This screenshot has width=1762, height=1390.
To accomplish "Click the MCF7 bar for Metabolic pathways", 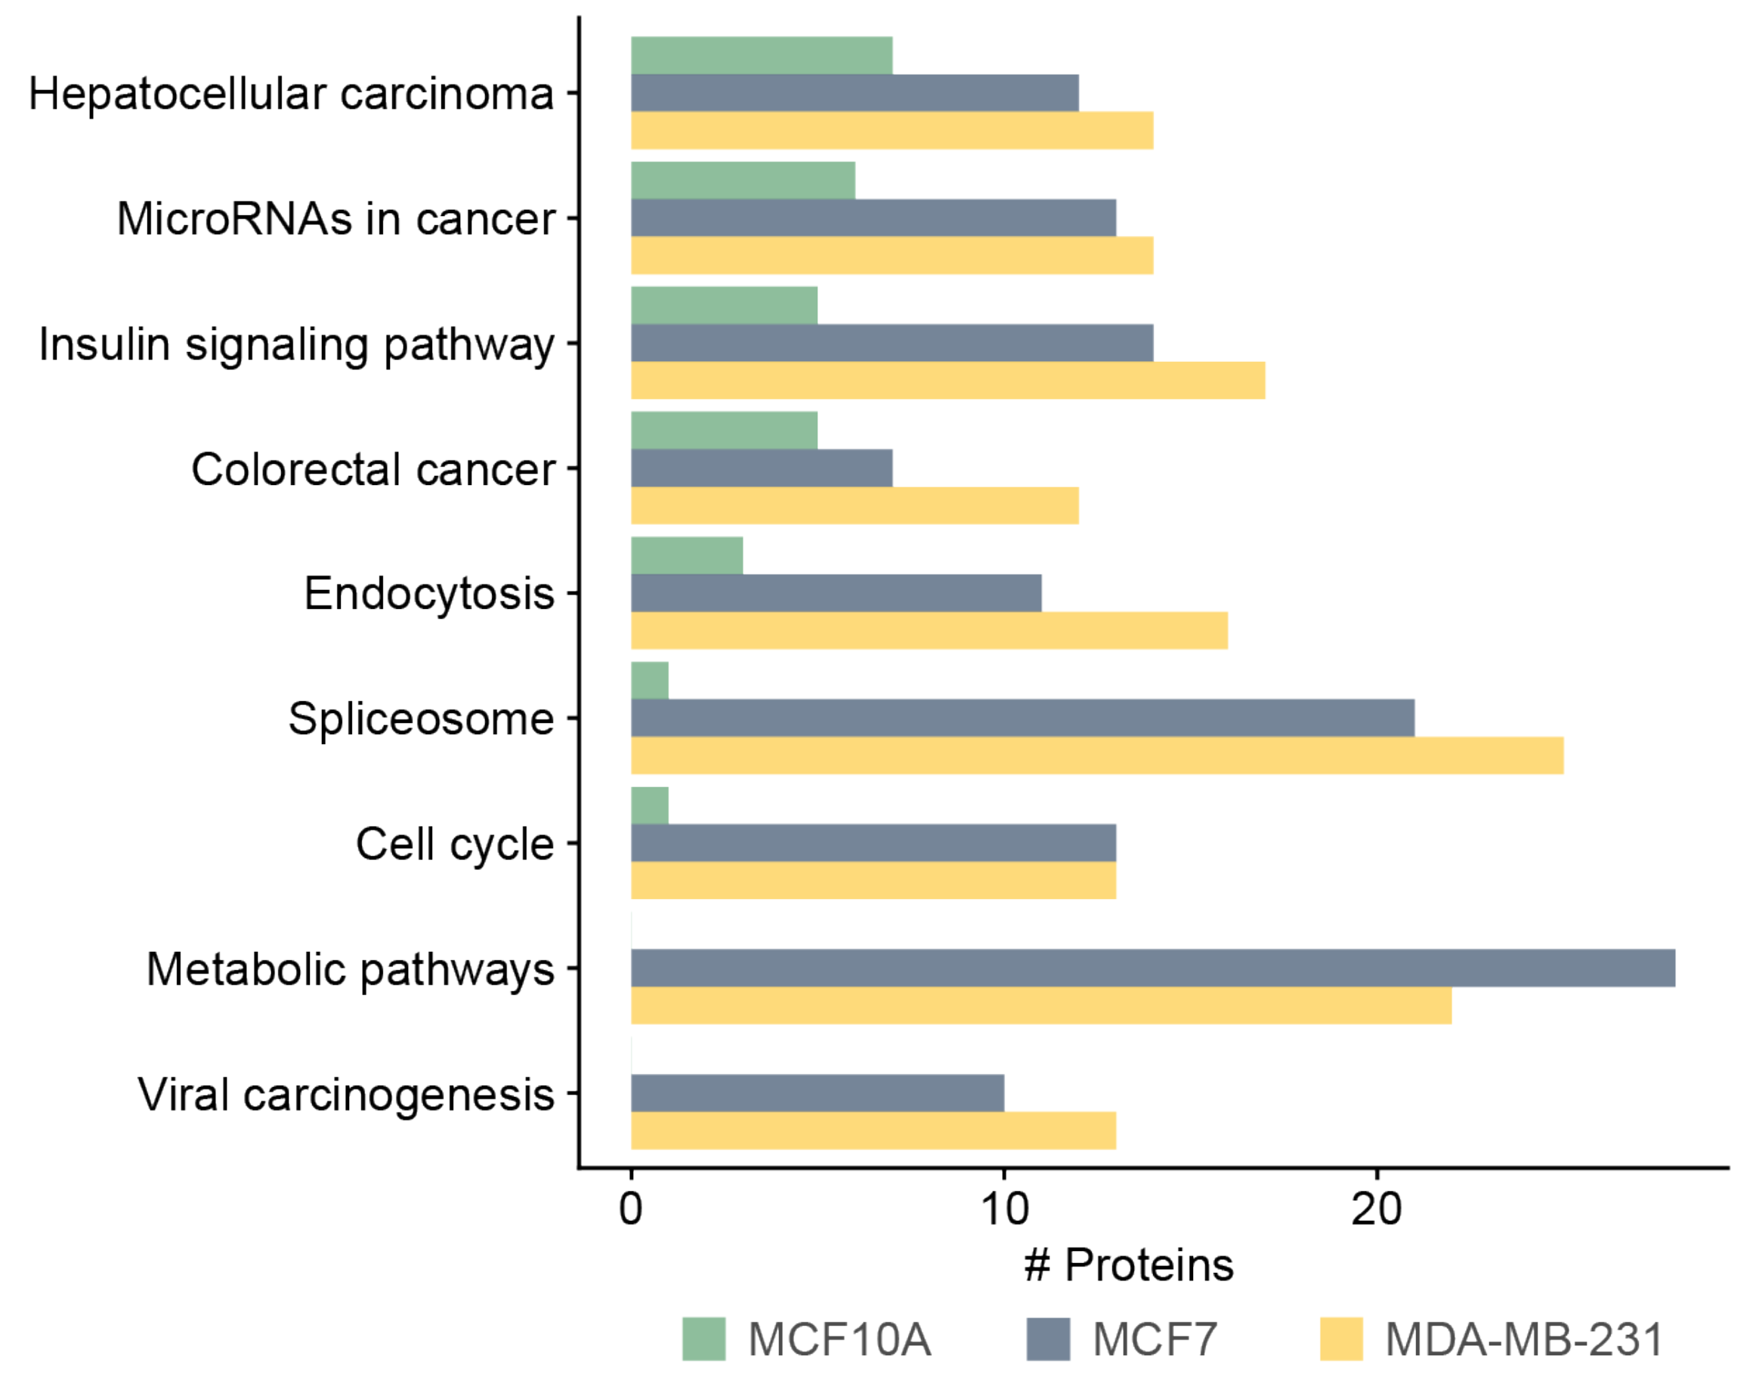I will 1152,968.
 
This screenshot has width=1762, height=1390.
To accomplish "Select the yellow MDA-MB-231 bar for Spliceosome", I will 1096,755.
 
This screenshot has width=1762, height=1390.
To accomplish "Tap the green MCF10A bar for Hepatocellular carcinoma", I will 761,55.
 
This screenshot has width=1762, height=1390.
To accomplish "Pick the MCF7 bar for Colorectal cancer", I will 761,468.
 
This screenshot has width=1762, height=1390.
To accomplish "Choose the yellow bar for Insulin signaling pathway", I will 947,380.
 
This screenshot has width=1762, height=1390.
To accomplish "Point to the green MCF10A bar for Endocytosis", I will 686,555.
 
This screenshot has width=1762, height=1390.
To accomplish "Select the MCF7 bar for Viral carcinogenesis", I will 817,1092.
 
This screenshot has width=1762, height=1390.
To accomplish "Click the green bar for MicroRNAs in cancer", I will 742,180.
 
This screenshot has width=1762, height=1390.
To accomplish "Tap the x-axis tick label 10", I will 1004,1210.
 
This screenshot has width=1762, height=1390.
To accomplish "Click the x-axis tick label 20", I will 1376,1210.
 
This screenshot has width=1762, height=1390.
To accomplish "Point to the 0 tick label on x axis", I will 631,1210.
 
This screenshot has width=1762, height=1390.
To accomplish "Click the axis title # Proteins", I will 1129,1265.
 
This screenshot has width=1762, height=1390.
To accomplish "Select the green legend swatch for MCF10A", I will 703,1339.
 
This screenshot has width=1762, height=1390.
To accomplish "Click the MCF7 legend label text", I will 1154,1339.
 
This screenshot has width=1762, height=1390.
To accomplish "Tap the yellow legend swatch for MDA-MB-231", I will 1341,1339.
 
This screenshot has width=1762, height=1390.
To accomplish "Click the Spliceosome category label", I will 421,719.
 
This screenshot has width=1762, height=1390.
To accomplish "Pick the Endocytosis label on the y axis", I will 429,593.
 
